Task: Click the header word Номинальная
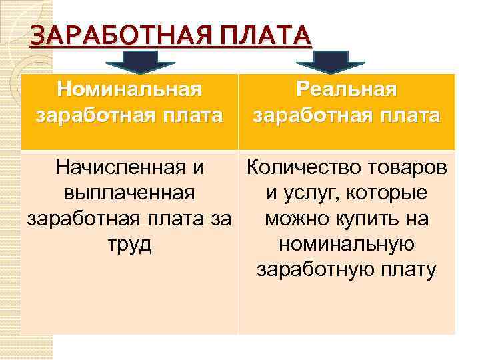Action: [x=129, y=89]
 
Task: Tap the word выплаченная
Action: [x=129, y=193]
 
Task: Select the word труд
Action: [x=129, y=245]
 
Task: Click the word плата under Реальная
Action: [x=409, y=115]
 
